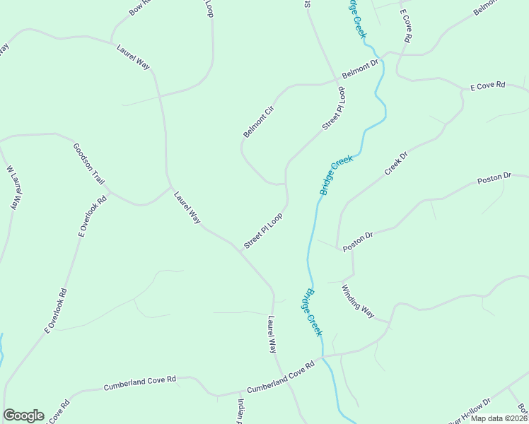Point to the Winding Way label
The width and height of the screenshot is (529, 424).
coord(357,302)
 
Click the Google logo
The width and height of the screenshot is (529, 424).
coord(23,416)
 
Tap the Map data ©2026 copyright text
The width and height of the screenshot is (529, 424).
coord(499,418)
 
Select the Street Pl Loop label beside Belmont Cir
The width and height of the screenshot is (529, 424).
coord(333,108)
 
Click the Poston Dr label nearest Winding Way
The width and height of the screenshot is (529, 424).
coord(358,241)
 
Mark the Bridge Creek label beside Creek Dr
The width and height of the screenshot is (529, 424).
coord(336,175)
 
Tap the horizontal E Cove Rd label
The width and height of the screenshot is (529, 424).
coord(488,86)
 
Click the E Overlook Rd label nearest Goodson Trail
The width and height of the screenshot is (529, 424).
coord(93,215)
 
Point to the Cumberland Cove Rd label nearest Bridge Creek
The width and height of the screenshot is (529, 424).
coord(280,376)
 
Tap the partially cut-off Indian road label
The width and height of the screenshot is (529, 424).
coord(240,411)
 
